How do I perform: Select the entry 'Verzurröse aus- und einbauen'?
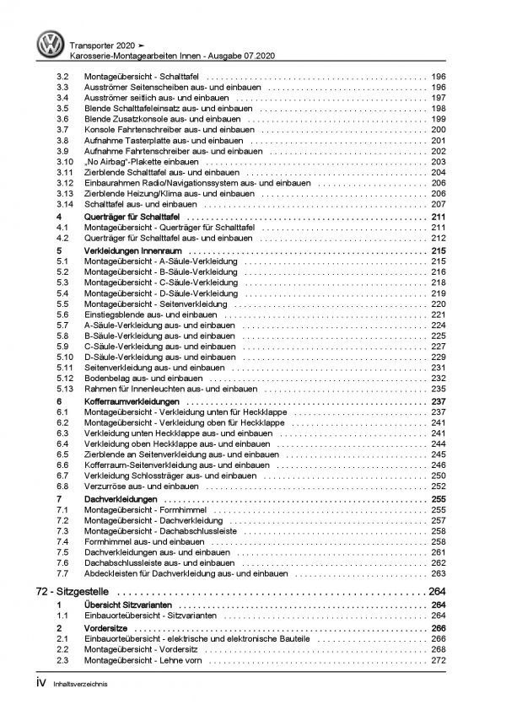[137, 486]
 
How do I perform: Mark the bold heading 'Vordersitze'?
[104, 628]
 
